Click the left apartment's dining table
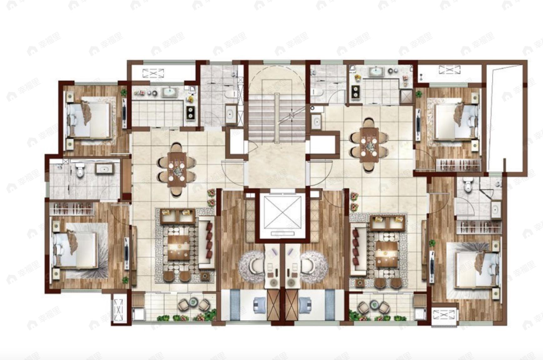pos(177,169)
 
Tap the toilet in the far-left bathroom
pos(80,170)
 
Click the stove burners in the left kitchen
pos(190,112)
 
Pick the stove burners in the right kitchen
pos(355,91)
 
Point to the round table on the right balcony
pos(373,304)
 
